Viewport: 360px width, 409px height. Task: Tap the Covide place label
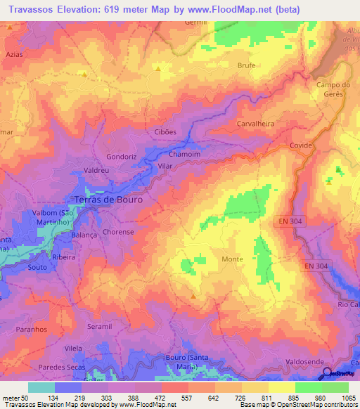click(x=301, y=145)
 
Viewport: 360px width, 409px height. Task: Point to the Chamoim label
click(x=184, y=154)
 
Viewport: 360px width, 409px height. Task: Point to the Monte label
click(x=232, y=259)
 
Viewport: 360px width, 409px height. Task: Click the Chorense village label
click(x=118, y=231)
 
